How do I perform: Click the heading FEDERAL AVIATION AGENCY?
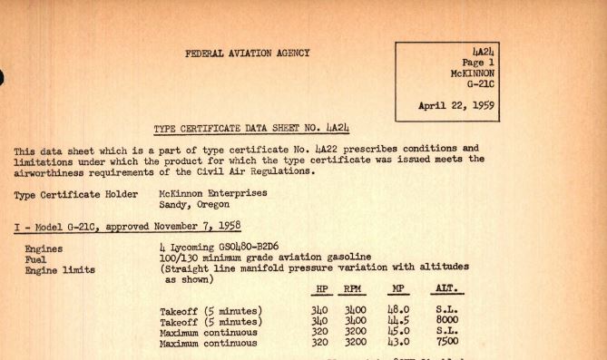(x=248, y=53)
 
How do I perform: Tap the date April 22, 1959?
(x=458, y=104)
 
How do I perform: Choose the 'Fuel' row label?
(x=37, y=258)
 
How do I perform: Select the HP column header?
(x=321, y=291)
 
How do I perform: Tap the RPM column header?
(x=353, y=291)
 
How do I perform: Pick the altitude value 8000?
(x=446, y=322)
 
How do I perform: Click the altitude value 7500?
(x=446, y=344)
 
